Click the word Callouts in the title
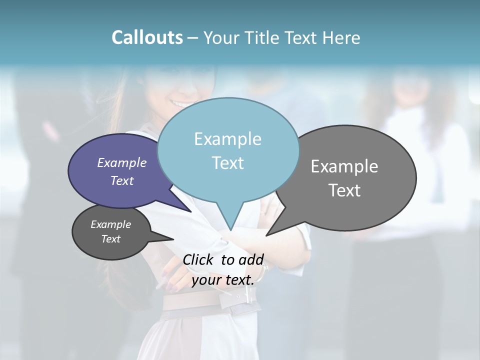pos(147,37)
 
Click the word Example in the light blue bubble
pos(227,139)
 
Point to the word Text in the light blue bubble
pos(227,163)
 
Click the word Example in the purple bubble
pos(122,163)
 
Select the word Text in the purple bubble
pos(122,181)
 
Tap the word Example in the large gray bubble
pos(344,166)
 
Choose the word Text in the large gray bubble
pos(344,190)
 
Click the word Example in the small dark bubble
pos(111,224)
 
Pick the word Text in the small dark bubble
pos(111,239)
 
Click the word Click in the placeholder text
pos(199,259)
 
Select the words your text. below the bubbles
pos(223,280)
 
